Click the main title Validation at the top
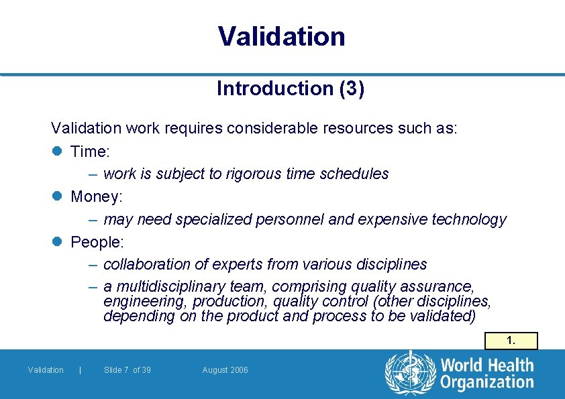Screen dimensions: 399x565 [282, 36]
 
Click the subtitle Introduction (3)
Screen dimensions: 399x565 [291, 89]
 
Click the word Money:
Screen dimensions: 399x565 [97, 197]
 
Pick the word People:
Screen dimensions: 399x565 [97, 242]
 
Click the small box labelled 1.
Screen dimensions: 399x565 [511, 341]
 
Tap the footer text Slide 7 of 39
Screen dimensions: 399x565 [127, 370]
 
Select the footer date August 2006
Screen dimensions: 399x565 [225, 370]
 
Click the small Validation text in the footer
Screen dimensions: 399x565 [46, 370]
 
